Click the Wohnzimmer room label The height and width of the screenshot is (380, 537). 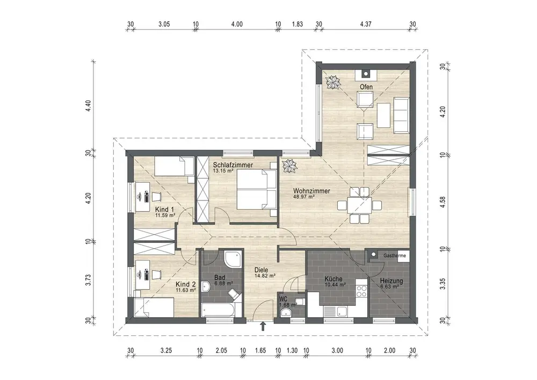(311, 191)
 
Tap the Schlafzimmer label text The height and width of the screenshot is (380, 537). (233, 165)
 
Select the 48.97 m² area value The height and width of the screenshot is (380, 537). (304, 197)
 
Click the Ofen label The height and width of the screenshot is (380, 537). (366, 87)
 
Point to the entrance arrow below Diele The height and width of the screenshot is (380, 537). (263, 326)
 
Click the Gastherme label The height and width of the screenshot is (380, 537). (395, 256)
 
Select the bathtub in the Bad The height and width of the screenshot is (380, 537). (218, 311)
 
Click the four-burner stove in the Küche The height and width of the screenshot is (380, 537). (361, 291)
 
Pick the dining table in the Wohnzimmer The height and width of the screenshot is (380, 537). (359, 205)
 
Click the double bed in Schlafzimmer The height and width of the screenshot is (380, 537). (257, 190)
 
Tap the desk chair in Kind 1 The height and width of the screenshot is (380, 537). (156, 196)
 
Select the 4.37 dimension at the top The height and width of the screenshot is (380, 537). (366, 24)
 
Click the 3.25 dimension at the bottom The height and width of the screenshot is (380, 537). (166, 350)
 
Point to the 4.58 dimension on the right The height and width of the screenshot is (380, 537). (442, 202)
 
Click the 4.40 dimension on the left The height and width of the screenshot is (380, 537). (89, 105)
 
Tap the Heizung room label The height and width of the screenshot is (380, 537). (391, 281)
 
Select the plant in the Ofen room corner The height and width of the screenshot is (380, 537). (332, 82)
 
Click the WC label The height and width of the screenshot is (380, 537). (284, 299)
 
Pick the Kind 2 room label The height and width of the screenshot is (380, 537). (186, 284)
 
